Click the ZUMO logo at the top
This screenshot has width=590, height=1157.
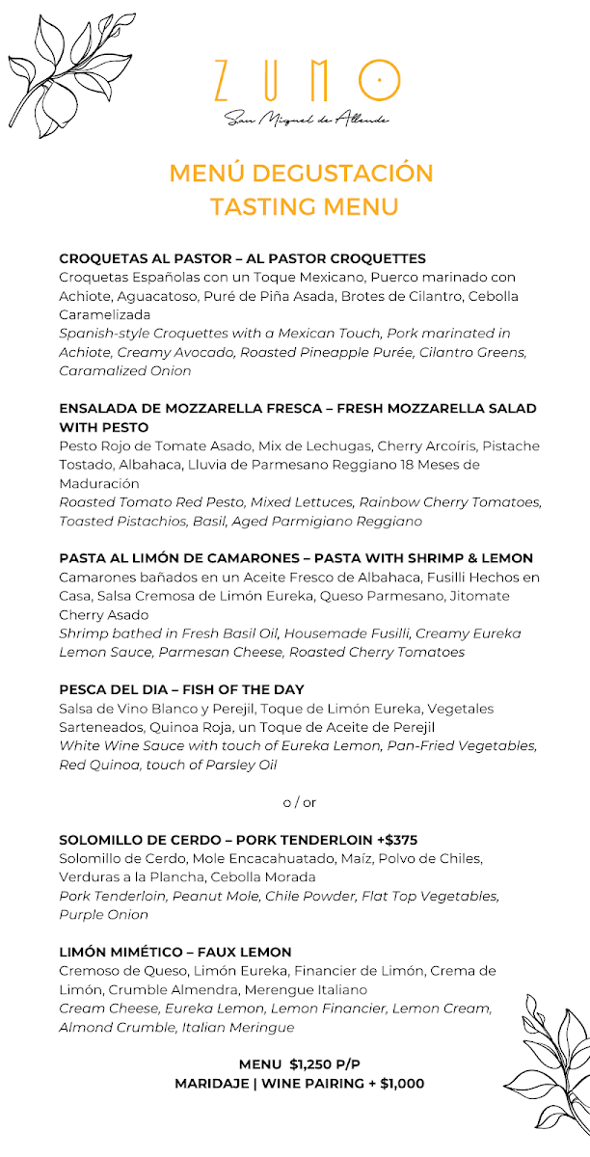point(306,81)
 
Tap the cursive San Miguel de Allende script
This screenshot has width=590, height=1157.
point(306,119)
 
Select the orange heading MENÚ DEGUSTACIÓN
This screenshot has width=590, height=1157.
point(301,174)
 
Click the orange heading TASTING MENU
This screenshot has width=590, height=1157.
point(304,206)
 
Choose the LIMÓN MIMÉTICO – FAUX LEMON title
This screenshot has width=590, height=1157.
point(175,952)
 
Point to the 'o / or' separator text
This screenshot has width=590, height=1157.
point(299,802)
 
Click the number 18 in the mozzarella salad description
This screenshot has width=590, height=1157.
point(431,465)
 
